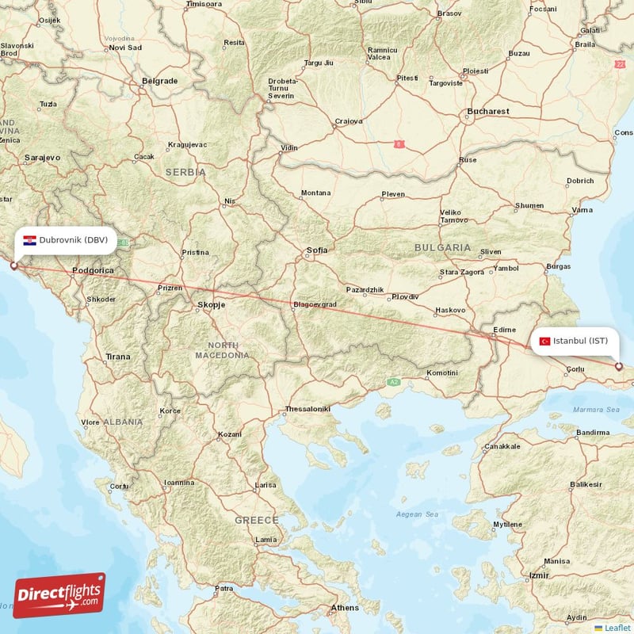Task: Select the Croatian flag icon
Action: (29, 240)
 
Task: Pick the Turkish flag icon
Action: (544, 341)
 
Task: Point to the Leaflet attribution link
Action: (617, 628)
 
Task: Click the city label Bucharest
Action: (488, 112)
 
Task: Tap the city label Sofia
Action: (317, 250)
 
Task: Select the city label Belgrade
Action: (159, 81)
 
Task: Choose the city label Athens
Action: (345, 608)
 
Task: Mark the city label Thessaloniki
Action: (307, 409)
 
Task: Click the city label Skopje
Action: (211, 304)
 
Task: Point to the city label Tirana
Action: (118, 357)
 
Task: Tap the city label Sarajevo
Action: (43, 158)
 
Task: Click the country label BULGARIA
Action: (442, 248)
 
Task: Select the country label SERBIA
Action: (185, 172)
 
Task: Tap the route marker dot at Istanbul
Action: (619, 366)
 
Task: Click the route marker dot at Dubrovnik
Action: (13, 265)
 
